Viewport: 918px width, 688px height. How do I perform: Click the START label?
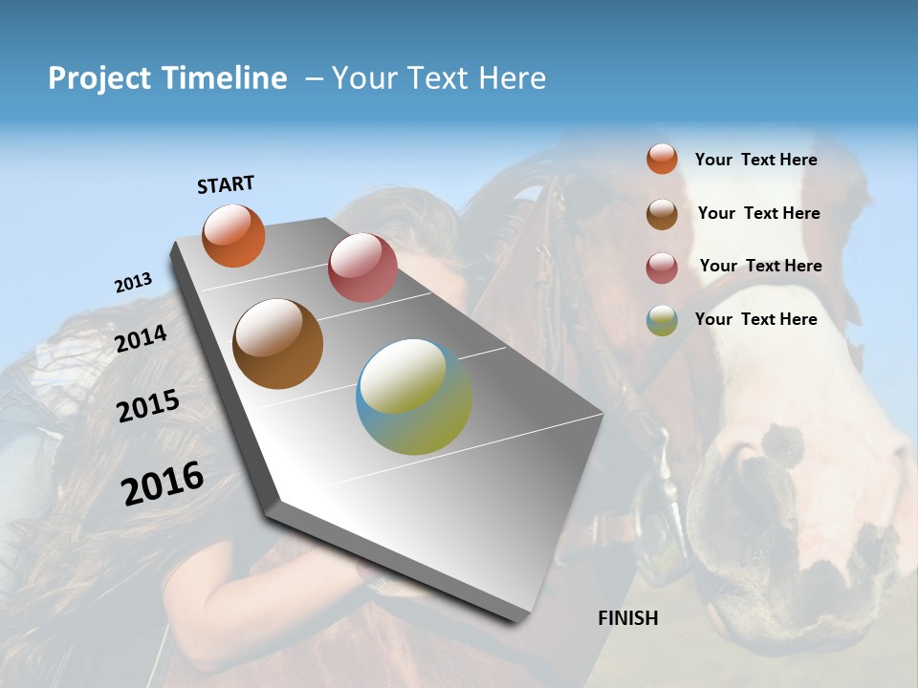226,184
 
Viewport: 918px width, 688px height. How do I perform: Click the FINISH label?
627,618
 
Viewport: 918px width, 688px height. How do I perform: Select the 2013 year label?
133,283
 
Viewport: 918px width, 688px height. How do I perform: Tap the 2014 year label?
141,338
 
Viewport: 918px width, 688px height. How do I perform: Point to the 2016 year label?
163,484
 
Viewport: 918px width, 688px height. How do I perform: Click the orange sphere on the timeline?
234,236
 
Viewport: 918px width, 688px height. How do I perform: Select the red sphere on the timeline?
362,268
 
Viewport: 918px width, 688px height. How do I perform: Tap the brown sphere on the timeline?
277,344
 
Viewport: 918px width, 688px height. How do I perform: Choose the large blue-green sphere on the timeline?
414,398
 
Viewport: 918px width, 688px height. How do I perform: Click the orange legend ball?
662,159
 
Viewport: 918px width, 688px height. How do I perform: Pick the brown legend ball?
662,214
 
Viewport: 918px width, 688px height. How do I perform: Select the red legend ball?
662,267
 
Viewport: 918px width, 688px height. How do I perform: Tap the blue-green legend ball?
662,320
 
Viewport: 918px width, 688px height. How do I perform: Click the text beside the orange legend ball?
755,160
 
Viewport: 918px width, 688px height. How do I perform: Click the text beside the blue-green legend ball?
755,319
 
